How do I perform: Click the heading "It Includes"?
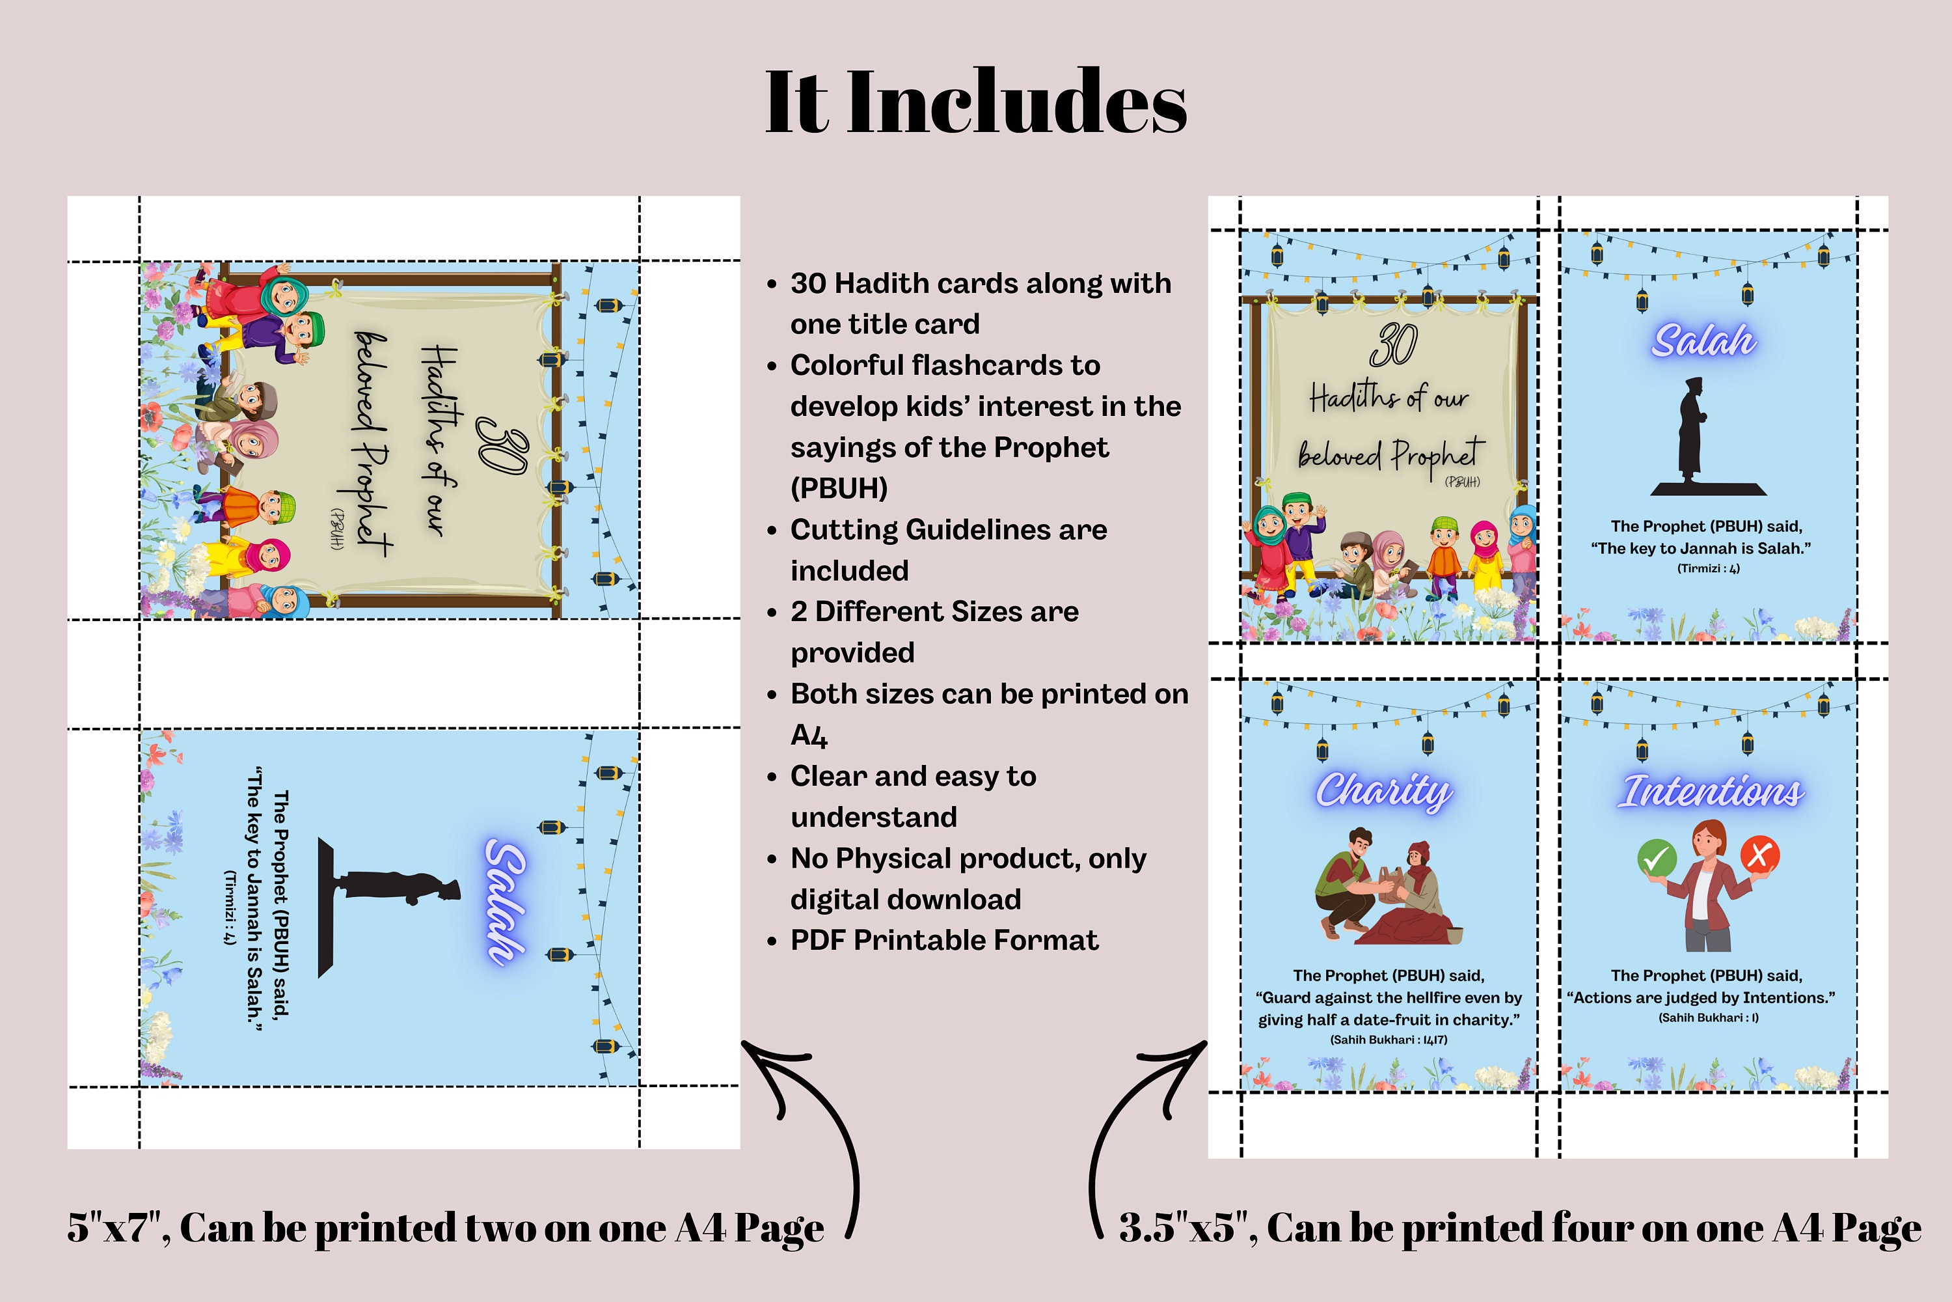point(975,102)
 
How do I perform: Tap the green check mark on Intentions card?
point(1657,857)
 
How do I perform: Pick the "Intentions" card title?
point(1711,792)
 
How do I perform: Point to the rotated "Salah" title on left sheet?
point(506,902)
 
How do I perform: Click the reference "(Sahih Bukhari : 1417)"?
point(1389,1040)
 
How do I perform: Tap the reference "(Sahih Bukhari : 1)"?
point(1708,1017)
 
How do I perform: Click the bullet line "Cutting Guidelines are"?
point(948,530)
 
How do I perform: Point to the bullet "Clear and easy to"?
point(913,777)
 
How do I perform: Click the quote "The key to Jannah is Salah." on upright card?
point(1701,548)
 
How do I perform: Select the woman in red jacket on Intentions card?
point(1708,889)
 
